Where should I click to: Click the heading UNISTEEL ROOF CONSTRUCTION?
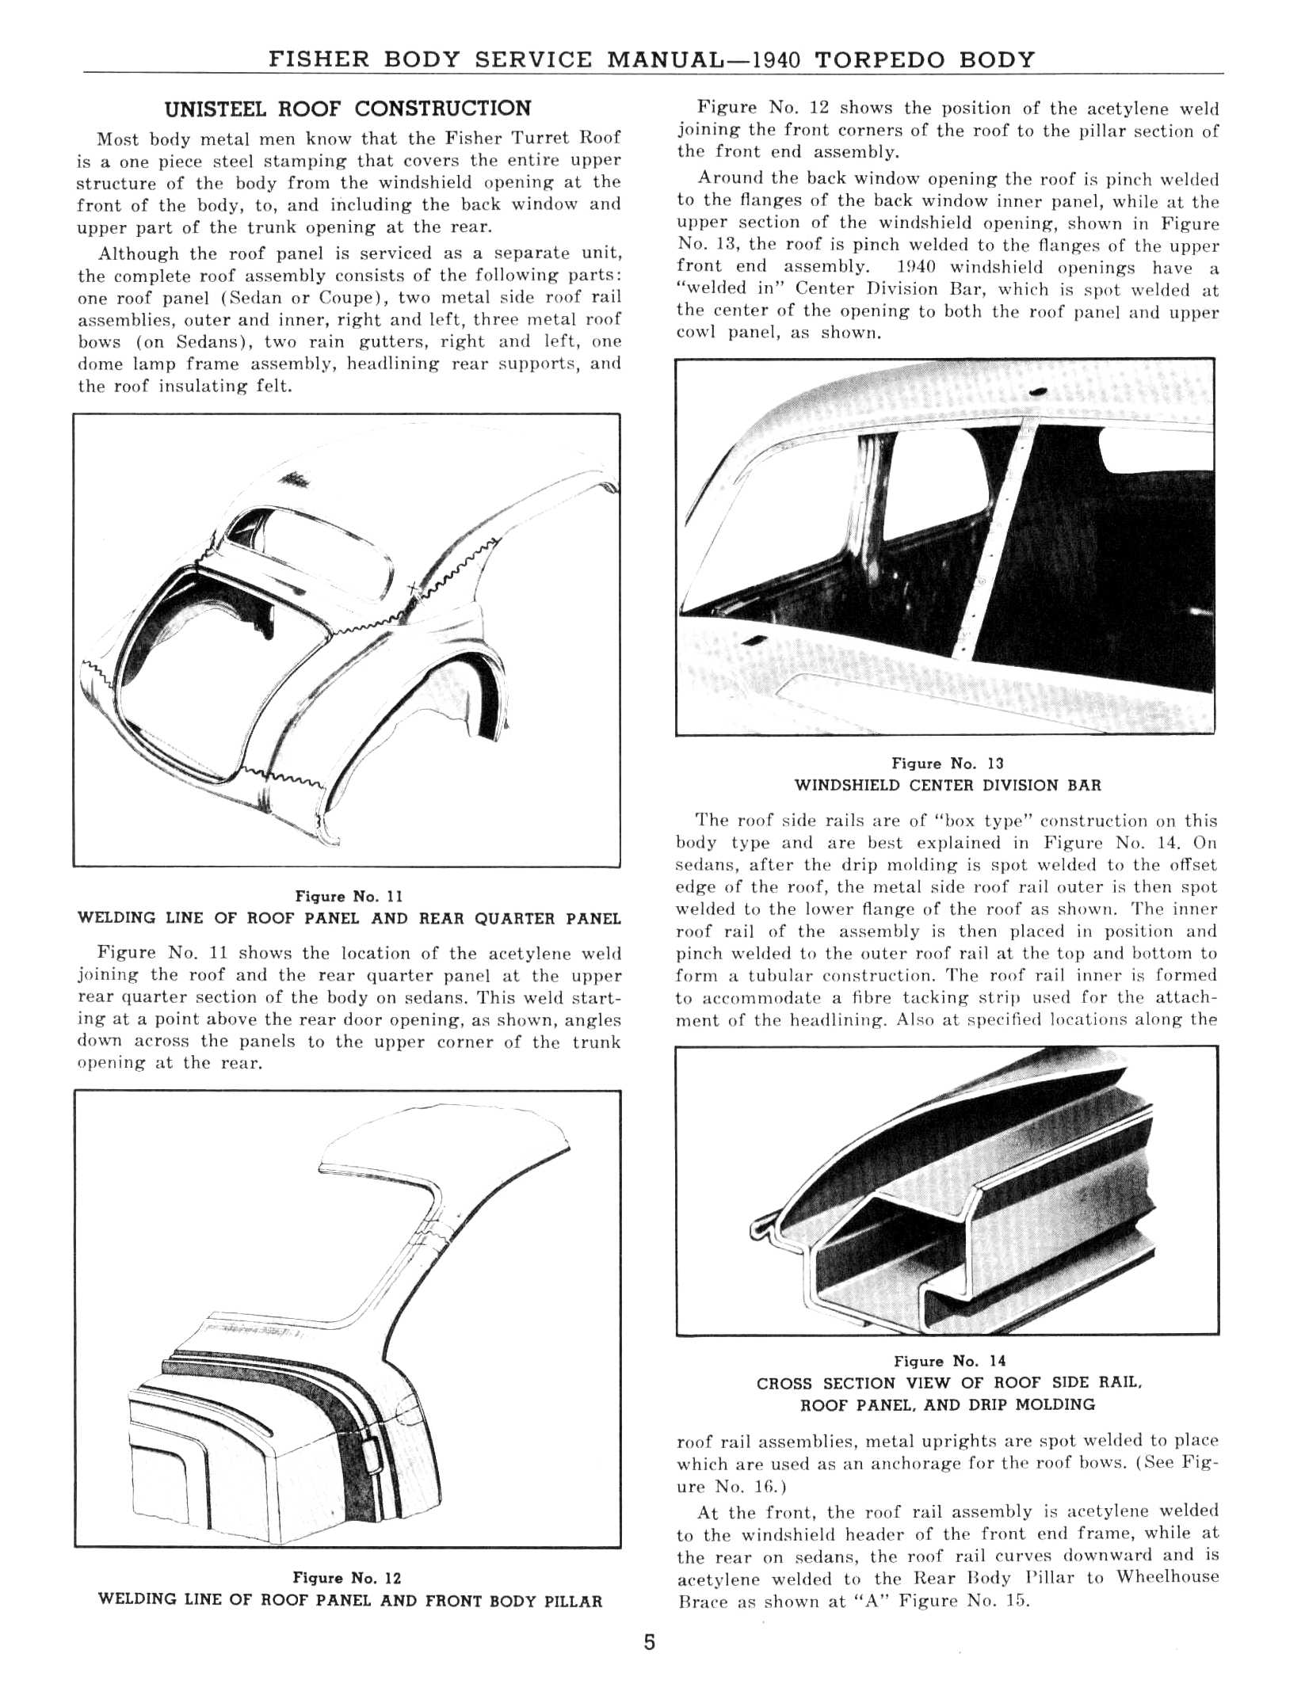click(346, 109)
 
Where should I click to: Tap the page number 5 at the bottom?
click(649, 1642)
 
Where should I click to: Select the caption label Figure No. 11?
click(349, 897)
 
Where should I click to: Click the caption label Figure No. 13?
click(947, 764)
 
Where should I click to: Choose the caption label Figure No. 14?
click(949, 1362)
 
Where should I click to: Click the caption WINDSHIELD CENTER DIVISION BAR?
click(948, 786)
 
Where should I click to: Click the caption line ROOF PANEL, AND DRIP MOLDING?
click(948, 1405)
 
